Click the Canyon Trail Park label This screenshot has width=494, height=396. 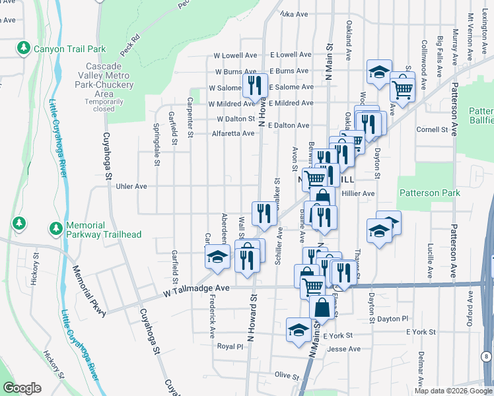(x=69, y=49)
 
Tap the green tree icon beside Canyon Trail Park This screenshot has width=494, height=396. (x=24, y=48)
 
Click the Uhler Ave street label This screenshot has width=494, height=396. (x=131, y=186)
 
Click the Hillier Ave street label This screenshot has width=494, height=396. (x=358, y=193)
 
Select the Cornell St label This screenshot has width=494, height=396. (x=433, y=129)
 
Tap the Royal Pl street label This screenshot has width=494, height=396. (x=230, y=346)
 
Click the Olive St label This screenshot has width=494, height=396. (x=287, y=375)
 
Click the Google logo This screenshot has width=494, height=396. (x=22, y=388)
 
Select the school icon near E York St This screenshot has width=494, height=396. (x=299, y=329)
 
